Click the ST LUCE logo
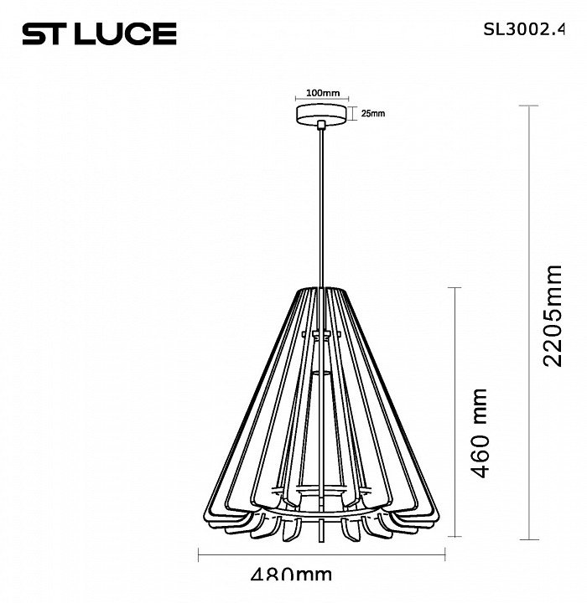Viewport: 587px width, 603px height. click(98, 33)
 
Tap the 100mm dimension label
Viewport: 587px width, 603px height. click(322, 92)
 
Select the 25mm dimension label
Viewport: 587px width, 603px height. click(372, 114)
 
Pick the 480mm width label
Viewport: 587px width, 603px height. click(292, 575)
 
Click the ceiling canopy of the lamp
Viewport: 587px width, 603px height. click(322, 114)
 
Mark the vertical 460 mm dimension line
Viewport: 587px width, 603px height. click(455, 411)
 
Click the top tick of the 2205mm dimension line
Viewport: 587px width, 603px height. click(527, 106)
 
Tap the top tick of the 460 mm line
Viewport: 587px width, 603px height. click(455, 287)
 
